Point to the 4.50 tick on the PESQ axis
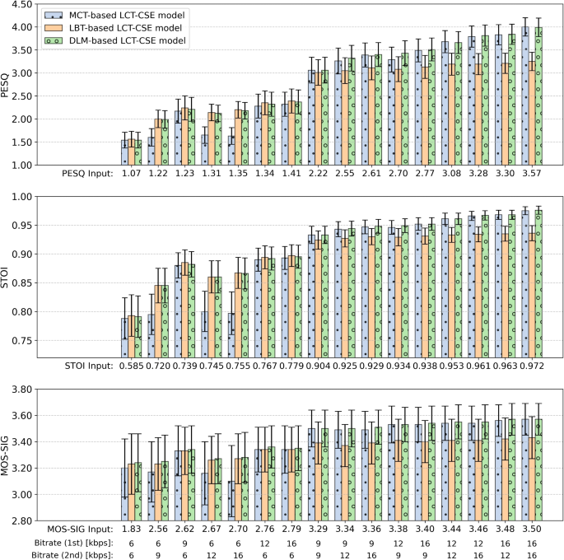click(x=20, y=5)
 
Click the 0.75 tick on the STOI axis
click(x=20, y=341)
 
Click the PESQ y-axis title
click(x=6, y=85)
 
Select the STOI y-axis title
click(x=6, y=277)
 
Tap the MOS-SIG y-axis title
click(x=6, y=455)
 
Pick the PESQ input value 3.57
click(x=533, y=175)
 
